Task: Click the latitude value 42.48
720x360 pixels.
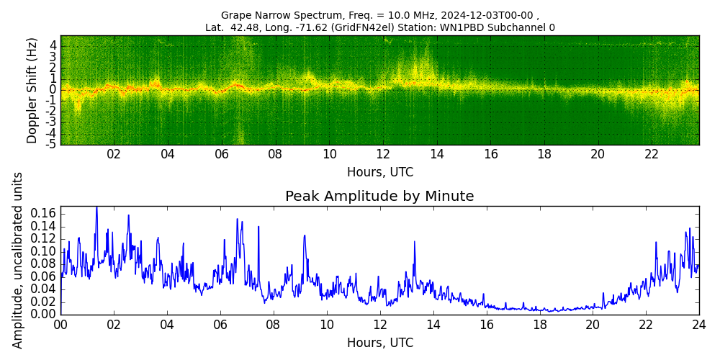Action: click(237, 28)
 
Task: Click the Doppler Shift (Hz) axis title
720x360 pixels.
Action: click(32, 90)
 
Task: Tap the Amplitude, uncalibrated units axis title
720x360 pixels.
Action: click(18, 260)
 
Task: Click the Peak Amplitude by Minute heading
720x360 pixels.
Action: click(379, 197)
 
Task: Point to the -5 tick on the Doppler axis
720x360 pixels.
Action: click(53, 144)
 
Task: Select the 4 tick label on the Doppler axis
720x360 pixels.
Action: click(53, 45)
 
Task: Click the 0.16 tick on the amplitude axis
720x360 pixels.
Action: click(44, 214)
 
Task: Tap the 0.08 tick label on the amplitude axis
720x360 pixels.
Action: click(44, 264)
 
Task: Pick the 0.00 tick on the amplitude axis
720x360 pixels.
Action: click(44, 315)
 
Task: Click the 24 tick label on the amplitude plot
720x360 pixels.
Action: click(698, 325)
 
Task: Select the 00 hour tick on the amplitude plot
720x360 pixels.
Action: click(60, 325)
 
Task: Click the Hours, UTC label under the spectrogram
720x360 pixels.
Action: click(379, 173)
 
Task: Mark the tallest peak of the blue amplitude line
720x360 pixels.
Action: click(96, 207)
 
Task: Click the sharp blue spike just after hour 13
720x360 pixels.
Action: click(415, 242)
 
